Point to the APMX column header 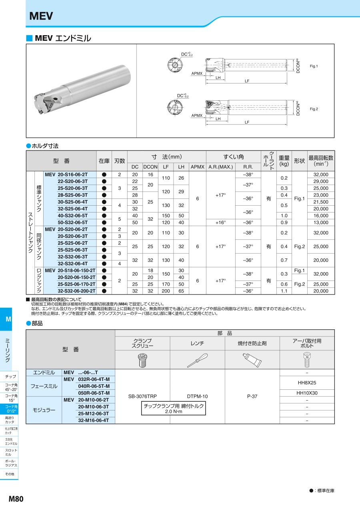(x=197, y=167)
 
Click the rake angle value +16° (x=220, y=222)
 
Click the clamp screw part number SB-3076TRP (x=142, y=396)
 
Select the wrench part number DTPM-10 (x=198, y=396)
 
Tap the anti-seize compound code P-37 (x=252, y=396)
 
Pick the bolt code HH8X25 (x=307, y=383)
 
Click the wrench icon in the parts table (x=198, y=360)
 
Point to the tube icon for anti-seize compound (x=252, y=360)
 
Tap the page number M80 (x=16, y=499)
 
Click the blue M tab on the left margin (x=8, y=319)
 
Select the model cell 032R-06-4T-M (x=94, y=379)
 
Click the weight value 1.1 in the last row (x=284, y=291)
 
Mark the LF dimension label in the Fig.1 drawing (x=247, y=81)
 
